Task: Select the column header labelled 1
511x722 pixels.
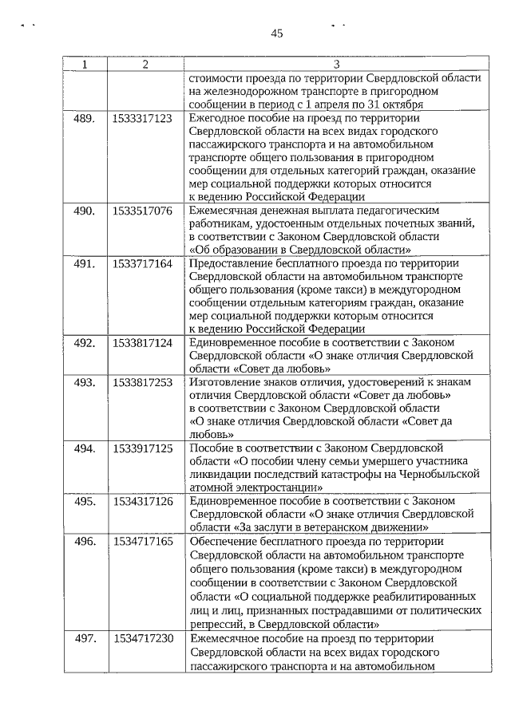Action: coord(85,64)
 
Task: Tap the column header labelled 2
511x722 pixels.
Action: coord(145,64)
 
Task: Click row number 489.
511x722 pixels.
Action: coord(85,118)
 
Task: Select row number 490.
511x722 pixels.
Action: coord(85,211)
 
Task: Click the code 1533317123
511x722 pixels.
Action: coord(143,118)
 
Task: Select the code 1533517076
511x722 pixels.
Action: coord(143,211)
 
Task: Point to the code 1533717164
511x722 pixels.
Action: coord(143,263)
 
